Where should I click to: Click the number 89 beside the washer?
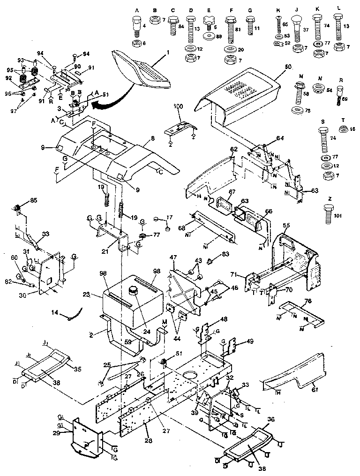pyautogui.click(x=219, y=36)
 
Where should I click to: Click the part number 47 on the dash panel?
pyautogui.click(x=173, y=258)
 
